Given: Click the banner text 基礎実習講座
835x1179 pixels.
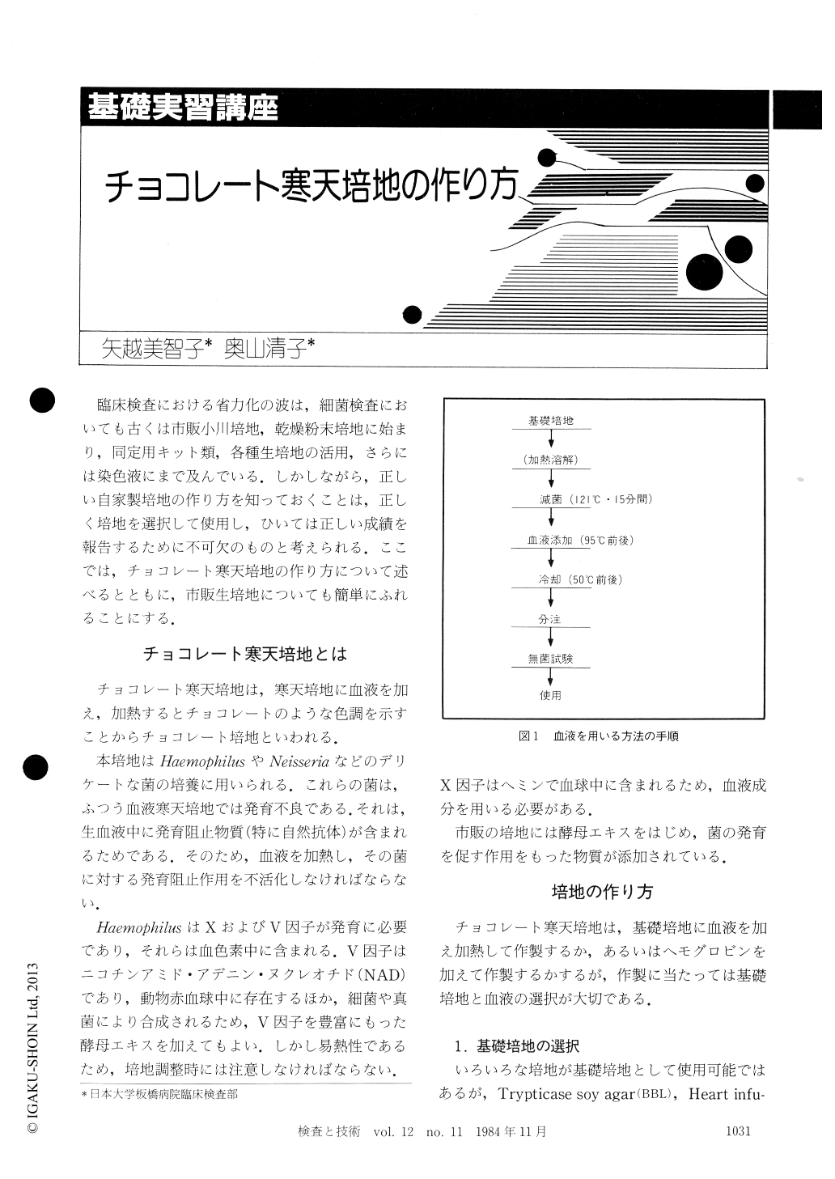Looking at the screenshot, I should click(183, 108).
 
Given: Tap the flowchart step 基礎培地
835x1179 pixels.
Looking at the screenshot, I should click(550, 421).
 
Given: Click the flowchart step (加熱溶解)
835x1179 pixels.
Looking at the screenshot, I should click(550, 460).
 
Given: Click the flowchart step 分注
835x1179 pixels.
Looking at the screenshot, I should click(550, 619).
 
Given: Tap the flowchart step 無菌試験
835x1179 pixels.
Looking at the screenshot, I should click(550, 659).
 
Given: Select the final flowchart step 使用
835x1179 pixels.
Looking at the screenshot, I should click(550, 695).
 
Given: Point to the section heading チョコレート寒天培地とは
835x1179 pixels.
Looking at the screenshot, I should click(245, 652).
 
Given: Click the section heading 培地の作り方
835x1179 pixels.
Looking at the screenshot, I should click(602, 892).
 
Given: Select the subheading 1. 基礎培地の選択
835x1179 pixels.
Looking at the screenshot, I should click(517, 1045).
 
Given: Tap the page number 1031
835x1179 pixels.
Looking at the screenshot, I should click(743, 1132).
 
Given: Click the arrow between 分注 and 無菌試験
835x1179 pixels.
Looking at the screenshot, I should click(551, 638).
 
